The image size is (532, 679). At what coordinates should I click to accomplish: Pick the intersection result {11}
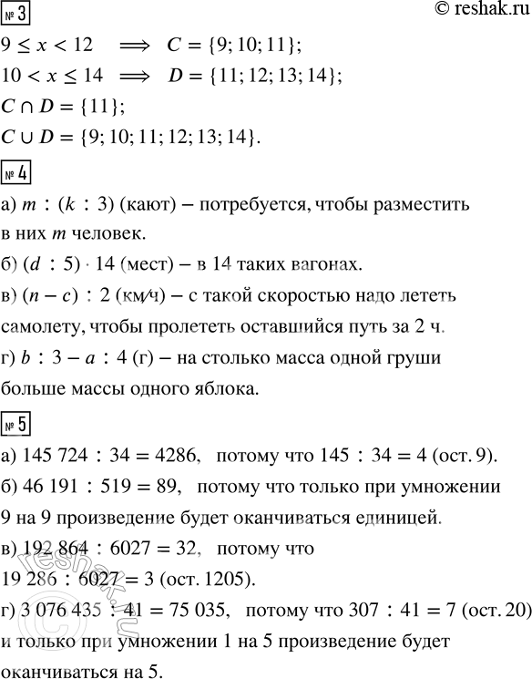point(95,108)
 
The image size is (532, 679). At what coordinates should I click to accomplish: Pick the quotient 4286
point(184,457)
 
